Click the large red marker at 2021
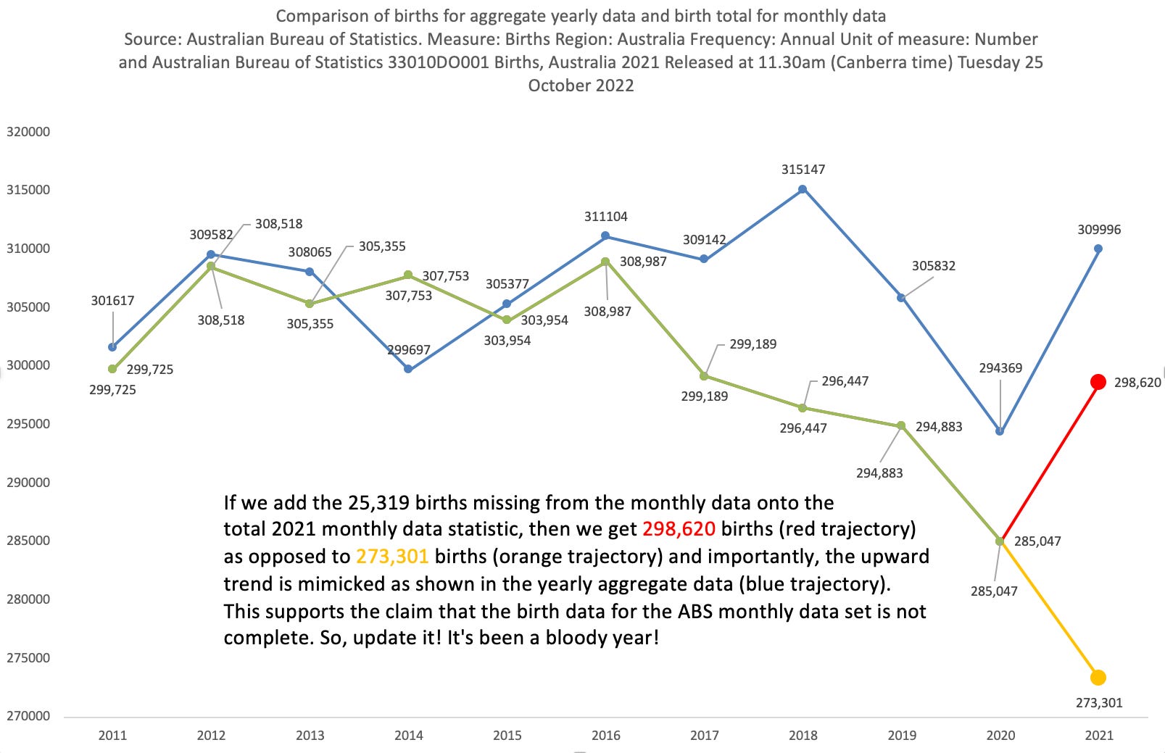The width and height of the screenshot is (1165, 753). click(x=1098, y=382)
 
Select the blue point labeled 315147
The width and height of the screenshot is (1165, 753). click(x=803, y=189)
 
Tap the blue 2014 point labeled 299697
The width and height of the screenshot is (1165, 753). click(x=408, y=369)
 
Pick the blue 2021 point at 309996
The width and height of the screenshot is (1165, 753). click(x=1098, y=249)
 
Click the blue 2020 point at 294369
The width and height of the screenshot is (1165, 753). click(x=1000, y=431)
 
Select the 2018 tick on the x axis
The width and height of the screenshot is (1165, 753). click(x=803, y=735)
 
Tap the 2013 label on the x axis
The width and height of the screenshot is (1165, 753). click(x=310, y=735)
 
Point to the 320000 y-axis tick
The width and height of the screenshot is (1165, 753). click(x=28, y=132)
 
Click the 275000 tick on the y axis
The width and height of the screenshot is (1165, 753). click(x=28, y=658)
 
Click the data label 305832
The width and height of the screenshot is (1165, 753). click(x=933, y=266)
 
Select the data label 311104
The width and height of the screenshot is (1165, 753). click(x=606, y=217)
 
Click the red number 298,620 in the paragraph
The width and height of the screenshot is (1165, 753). click(x=679, y=529)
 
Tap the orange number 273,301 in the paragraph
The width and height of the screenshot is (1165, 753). click(x=392, y=557)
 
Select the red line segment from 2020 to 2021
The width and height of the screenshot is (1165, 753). click(x=1049, y=462)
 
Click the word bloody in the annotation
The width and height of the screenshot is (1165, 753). click(x=581, y=638)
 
